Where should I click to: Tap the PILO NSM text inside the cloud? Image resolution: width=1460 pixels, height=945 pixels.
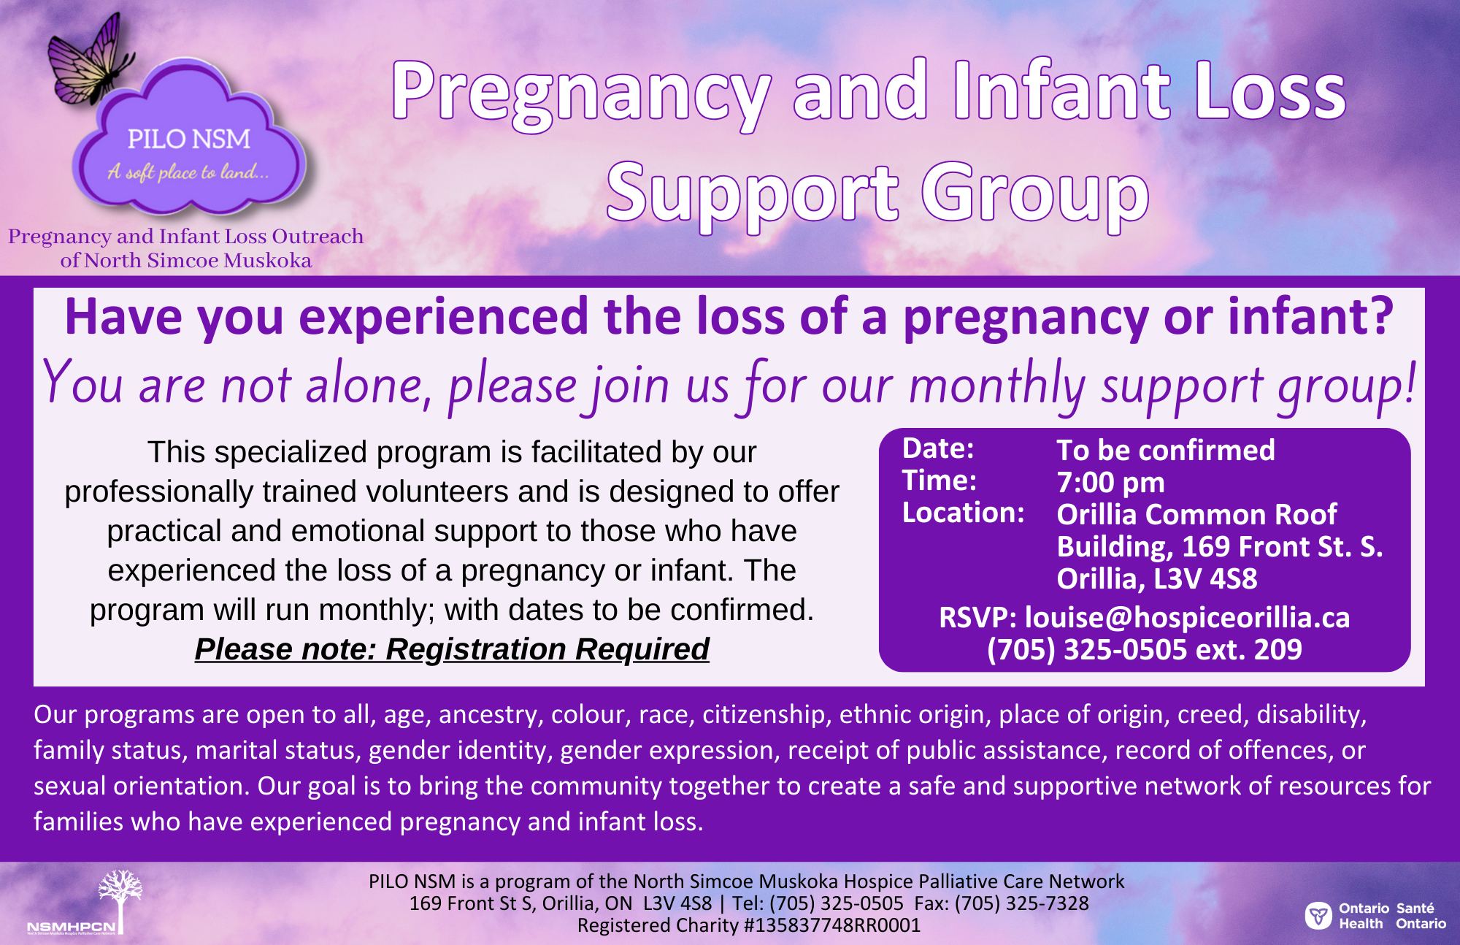click(x=189, y=139)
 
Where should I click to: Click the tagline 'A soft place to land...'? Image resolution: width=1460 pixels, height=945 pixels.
click(x=188, y=172)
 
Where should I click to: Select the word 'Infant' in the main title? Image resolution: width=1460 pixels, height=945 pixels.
click(x=1063, y=91)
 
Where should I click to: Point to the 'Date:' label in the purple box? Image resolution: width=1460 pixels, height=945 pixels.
click(x=938, y=448)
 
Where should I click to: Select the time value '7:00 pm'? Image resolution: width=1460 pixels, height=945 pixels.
click(x=1110, y=482)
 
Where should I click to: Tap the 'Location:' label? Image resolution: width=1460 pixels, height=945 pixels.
click(x=963, y=513)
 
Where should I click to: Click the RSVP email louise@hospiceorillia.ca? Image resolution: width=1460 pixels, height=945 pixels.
click(x=1187, y=618)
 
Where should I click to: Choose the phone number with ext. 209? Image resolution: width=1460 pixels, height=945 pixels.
click(x=1144, y=649)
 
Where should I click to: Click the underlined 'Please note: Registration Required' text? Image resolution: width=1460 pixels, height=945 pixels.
click(x=452, y=649)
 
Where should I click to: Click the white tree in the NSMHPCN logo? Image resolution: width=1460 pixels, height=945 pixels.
click(x=120, y=898)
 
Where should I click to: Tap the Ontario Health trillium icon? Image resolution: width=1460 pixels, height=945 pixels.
click(x=1318, y=915)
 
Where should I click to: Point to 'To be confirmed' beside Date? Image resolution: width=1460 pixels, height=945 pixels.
click(x=1166, y=450)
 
